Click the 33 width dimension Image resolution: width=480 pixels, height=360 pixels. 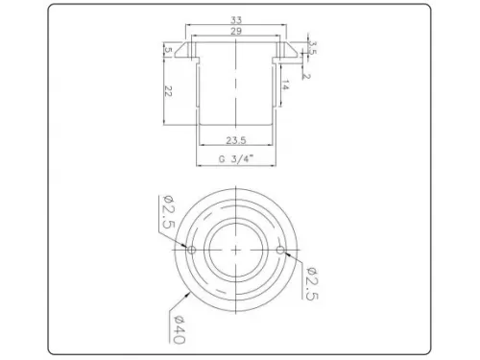(236, 20)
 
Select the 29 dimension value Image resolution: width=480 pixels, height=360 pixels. (236, 31)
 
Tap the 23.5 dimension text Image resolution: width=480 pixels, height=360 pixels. (236, 140)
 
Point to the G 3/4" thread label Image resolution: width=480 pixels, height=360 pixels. (236, 159)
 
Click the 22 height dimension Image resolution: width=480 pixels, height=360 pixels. (168, 91)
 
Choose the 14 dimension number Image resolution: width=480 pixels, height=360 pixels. (285, 85)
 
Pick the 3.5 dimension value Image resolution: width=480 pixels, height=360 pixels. (313, 47)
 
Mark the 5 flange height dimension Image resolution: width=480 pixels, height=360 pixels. (168, 50)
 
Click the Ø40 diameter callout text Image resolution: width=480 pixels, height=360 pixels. (179, 329)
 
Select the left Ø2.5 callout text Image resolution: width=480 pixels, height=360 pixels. (168, 211)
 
